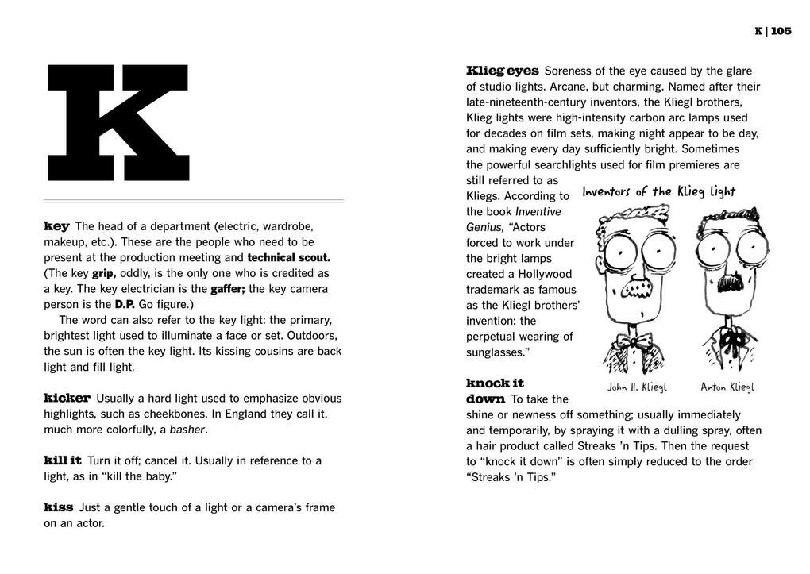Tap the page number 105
coord(781,31)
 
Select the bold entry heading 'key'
coord(56,226)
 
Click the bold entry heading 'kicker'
coord(67,398)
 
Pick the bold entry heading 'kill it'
coord(63,460)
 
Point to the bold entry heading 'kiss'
coord(59,507)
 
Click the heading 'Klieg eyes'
coord(503,71)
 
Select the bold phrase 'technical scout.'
coord(289,258)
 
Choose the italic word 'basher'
coord(187,430)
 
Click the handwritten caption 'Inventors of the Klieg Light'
coord(658,192)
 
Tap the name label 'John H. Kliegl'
coord(637,387)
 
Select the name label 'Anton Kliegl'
coord(727,387)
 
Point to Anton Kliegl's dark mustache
coord(727,283)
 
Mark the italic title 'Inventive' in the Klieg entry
coord(538,212)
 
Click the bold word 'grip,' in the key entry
coord(104,274)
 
